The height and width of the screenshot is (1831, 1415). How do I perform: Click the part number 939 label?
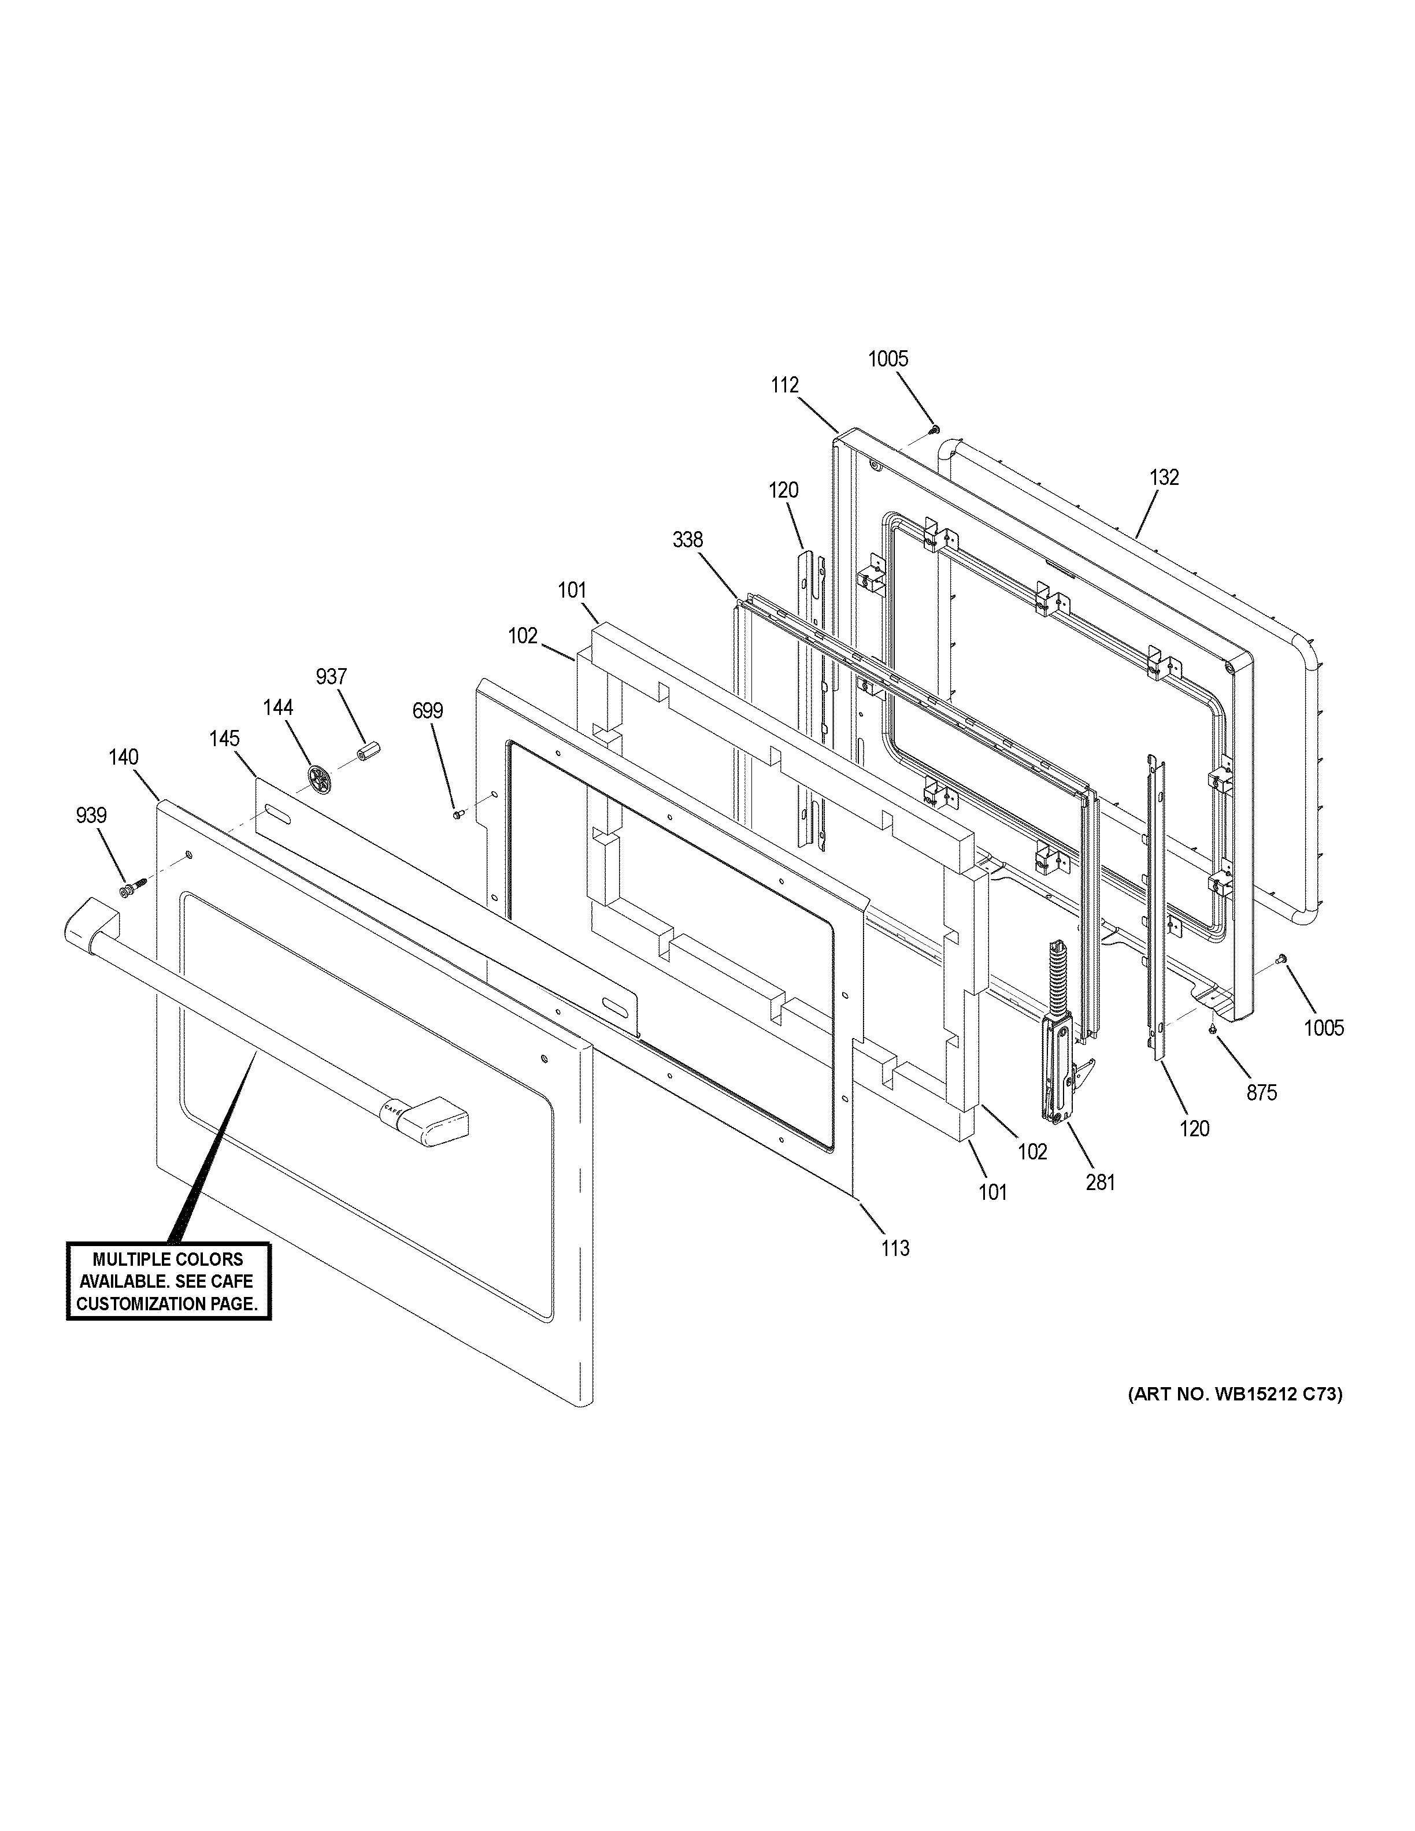pyautogui.click(x=91, y=815)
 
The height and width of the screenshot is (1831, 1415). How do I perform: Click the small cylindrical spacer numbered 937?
pyautogui.click(x=366, y=750)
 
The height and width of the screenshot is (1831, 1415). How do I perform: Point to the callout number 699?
pyautogui.click(x=428, y=711)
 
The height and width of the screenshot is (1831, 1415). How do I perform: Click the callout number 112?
pyautogui.click(x=786, y=385)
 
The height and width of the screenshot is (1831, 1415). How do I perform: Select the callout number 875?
pyautogui.click(x=1262, y=1092)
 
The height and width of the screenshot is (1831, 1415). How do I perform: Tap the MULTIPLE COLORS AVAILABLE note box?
pyautogui.click(x=168, y=1281)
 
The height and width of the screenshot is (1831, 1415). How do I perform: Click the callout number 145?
pyautogui.click(x=225, y=739)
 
